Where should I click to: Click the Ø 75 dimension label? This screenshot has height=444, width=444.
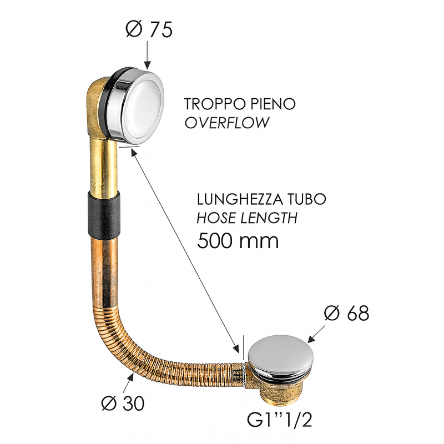pos(149,29)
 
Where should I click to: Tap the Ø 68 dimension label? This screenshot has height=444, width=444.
pos(346,313)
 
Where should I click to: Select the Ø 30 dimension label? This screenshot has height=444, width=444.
pos(123,403)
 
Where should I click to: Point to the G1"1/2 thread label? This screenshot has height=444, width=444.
pos(279,420)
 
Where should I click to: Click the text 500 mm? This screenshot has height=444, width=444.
pos(238,241)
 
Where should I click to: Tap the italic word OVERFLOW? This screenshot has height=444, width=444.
pos(226,122)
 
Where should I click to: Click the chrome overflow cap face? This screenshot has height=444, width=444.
pos(142,102)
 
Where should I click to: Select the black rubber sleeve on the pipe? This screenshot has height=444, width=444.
pos(104,214)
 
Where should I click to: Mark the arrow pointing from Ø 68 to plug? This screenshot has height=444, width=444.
pos(316,334)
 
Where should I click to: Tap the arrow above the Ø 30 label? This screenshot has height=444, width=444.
pos(128,383)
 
